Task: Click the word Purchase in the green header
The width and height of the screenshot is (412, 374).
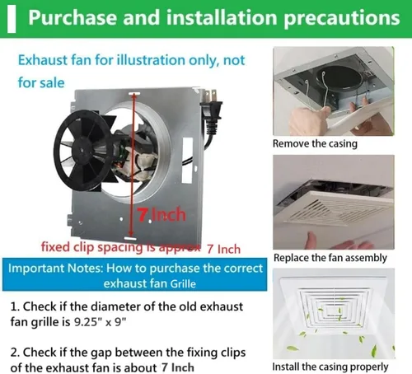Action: point(73,17)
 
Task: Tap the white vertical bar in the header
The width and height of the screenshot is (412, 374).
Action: point(12,19)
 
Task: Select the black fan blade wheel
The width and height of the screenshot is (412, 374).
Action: point(83,150)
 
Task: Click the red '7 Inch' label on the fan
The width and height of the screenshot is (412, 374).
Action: point(162,215)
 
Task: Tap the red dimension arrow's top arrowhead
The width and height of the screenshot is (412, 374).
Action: point(134,96)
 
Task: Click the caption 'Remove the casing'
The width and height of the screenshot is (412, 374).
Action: point(315,143)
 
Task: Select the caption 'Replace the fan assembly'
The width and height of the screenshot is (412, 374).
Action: point(330,258)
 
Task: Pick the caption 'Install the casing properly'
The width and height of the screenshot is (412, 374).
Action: point(330,367)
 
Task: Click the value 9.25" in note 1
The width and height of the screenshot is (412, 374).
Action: point(86,321)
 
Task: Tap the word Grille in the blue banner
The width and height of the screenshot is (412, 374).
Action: point(183,283)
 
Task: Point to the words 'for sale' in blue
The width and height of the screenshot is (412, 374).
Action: point(41,82)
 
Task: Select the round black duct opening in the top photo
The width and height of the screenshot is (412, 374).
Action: point(339,79)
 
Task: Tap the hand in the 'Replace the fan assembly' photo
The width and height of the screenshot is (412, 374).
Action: point(339,241)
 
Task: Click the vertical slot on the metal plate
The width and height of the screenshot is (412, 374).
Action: point(187,161)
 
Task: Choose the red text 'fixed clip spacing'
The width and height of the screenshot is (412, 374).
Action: point(92,247)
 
